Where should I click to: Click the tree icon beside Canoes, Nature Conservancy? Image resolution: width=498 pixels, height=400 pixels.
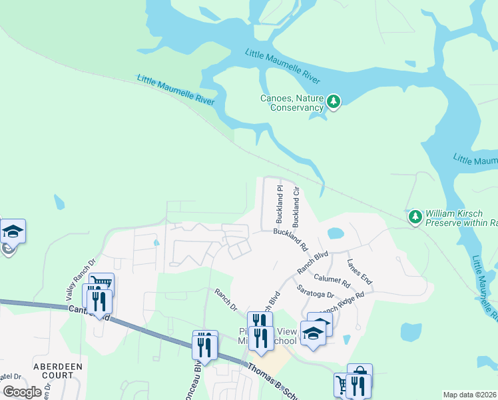[x=334, y=102]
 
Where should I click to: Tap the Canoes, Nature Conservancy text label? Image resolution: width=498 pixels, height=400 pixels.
[x=292, y=103]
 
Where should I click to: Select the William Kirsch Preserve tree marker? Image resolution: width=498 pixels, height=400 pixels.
[x=415, y=217]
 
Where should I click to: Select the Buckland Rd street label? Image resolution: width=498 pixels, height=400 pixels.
[x=290, y=238]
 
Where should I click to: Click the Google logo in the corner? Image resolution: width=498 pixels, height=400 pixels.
[x=22, y=392]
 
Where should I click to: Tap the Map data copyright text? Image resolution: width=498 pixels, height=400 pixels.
[x=470, y=395]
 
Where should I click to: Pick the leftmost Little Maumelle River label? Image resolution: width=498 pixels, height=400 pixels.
[x=176, y=89]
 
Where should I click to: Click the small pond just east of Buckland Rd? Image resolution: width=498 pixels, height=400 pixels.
[x=336, y=233]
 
